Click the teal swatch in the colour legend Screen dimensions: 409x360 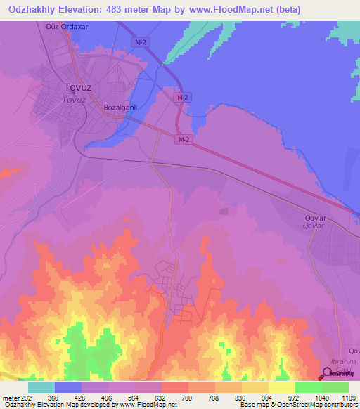point(41,387)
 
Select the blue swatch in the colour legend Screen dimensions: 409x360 point(67,387)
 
